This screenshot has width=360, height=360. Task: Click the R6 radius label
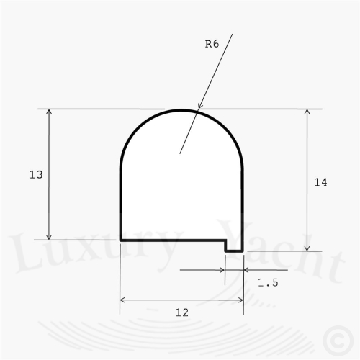(x=212, y=44)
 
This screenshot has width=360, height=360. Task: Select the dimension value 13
(x=36, y=174)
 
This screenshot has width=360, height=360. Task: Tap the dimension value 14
(x=320, y=182)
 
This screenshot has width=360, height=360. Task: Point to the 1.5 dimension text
(x=268, y=283)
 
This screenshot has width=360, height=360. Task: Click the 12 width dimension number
(x=182, y=312)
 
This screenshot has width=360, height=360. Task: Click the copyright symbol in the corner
(x=338, y=341)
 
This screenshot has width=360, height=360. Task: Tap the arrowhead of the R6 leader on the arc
(x=199, y=106)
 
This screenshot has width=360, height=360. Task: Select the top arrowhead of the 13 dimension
(x=49, y=112)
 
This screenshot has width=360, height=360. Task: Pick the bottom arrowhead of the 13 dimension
(x=49, y=237)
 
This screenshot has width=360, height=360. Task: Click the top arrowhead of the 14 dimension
(x=307, y=112)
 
